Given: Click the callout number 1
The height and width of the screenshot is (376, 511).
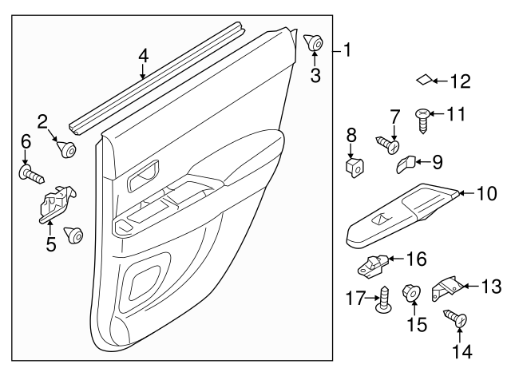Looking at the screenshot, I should click(x=347, y=50).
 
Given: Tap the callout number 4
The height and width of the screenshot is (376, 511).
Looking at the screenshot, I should click(x=144, y=56).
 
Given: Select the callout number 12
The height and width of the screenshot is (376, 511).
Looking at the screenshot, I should click(x=461, y=81).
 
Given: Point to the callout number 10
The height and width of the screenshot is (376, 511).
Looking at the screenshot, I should click(x=486, y=193).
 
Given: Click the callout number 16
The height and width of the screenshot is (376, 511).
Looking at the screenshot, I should click(x=416, y=259).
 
